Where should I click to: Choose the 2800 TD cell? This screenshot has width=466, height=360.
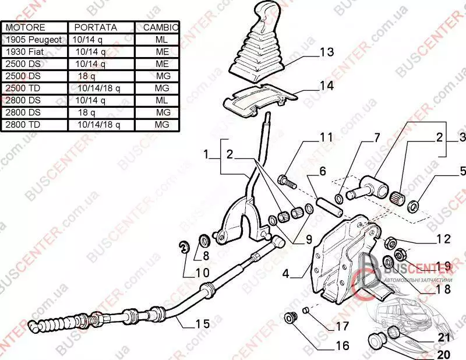tap(23, 124)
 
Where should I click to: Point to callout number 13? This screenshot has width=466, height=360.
tap(326, 52)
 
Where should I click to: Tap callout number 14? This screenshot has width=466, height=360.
tap(326, 86)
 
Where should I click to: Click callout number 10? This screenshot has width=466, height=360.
tap(201, 271)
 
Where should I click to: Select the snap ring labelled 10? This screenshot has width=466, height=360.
tap(183, 248)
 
